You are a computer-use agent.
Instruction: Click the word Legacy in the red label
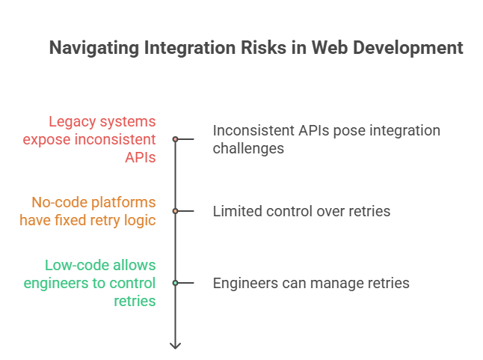click(x=72, y=121)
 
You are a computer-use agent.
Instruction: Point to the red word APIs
click(x=140, y=157)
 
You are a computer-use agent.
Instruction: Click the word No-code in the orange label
click(x=56, y=202)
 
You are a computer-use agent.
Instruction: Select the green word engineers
click(x=56, y=283)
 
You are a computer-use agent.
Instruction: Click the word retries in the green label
click(x=135, y=301)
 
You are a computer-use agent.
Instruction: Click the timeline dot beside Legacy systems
click(x=175, y=139)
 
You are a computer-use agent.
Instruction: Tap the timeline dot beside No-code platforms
click(x=175, y=211)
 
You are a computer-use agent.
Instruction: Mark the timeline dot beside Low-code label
click(x=175, y=283)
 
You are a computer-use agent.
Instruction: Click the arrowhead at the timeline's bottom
click(x=175, y=346)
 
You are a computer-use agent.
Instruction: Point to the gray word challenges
click(x=248, y=148)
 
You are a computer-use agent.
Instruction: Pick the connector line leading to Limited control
click(x=186, y=211)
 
